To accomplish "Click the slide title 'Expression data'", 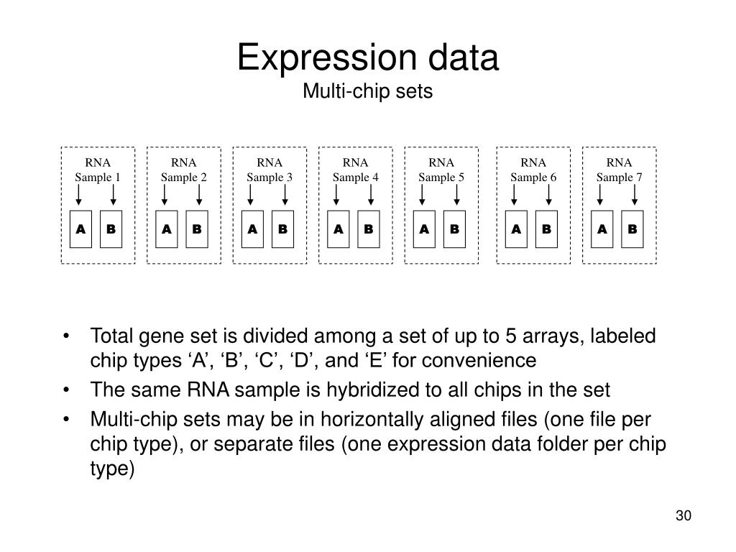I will [x=367, y=58].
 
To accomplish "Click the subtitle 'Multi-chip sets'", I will [x=367, y=91].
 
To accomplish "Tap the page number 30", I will [x=683, y=516].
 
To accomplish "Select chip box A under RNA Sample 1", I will [x=81, y=229].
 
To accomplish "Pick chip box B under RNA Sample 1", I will [x=111, y=229].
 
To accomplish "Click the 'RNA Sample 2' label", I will [x=184, y=170].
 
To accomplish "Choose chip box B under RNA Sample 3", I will [x=282, y=229].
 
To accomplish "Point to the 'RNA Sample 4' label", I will [x=355, y=170].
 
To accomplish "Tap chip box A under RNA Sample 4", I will [x=339, y=229].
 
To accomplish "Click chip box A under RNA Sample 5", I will [x=425, y=229].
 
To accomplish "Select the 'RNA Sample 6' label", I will [x=533, y=170].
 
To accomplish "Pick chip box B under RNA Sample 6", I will [x=546, y=229].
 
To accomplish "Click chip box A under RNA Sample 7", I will [x=602, y=229].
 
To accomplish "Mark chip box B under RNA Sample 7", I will [x=632, y=229].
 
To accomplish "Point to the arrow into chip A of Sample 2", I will [x=166, y=195].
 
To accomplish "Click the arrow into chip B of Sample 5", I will [x=455, y=195].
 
